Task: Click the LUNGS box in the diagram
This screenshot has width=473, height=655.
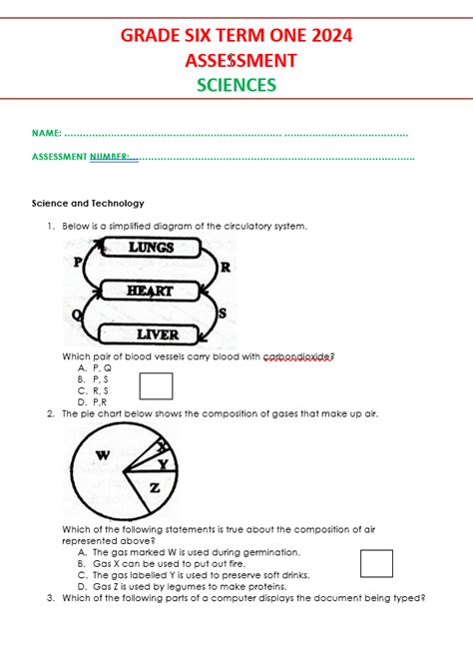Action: [x=151, y=247]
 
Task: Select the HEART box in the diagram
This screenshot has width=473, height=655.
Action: [x=150, y=291]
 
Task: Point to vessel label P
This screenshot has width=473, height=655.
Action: [x=75, y=263]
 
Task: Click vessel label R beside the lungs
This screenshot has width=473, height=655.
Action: [x=225, y=267]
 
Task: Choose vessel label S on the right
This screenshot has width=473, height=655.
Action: [x=222, y=314]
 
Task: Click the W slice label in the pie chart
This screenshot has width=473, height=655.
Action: [x=102, y=456]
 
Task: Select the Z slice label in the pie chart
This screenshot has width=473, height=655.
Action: [x=154, y=488]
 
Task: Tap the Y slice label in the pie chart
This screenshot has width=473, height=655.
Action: [x=163, y=463]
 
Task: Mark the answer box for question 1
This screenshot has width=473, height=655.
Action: [x=156, y=385]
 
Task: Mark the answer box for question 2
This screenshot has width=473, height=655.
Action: [x=376, y=563]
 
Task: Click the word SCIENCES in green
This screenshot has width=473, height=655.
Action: [x=236, y=85]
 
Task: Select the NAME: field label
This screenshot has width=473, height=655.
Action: [x=46, y=133]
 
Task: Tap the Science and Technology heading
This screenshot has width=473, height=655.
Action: [x=88, y=203]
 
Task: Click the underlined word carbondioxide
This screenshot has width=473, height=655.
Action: [x=297, y=356]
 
